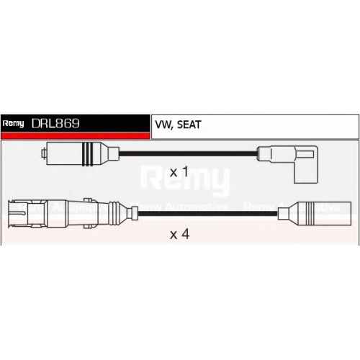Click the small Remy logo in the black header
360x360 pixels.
pos(13,124)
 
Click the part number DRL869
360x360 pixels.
pos(55,124)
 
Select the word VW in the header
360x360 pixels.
pos(163,125)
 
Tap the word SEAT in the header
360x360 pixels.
pos(189,125)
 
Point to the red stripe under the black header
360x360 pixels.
pos(76,135)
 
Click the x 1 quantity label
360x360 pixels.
pos(179,172)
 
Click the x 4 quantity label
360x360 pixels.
pos(179,234)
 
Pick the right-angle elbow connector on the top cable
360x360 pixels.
pos(287,164)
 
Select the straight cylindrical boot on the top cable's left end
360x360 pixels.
pos(81,154)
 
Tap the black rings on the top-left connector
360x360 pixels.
pos(87,154)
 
